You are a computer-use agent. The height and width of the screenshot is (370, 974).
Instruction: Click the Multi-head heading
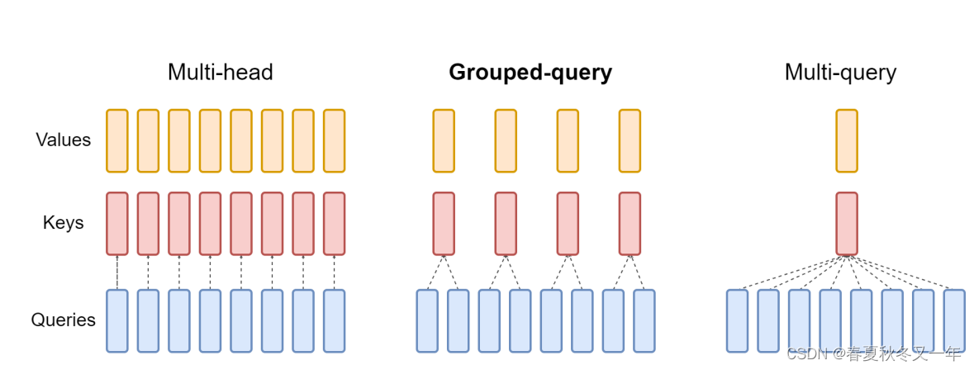tap(220, 73)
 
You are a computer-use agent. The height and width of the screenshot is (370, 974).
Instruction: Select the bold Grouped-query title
tap(530, 73)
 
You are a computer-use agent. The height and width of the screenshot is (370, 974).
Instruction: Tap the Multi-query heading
tap(840, 73)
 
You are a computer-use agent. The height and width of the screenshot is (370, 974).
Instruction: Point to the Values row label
tap(63, 140)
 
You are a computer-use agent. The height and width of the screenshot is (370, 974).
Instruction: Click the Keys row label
tap(64, 222)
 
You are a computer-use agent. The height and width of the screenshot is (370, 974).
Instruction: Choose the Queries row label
tap(64, 320)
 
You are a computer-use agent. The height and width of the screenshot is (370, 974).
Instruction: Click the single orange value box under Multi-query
tap(846, 140)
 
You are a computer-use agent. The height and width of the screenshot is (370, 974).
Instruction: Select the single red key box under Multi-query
tap(846, 224)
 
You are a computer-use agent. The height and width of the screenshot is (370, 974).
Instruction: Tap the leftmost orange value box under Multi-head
tap(117, 140)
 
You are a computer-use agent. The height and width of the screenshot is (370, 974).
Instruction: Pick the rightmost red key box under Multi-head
tap(334, 224)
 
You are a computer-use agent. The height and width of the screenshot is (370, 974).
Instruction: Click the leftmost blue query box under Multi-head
tap(117, 320)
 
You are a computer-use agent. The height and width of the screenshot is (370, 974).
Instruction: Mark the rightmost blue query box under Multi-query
tap(954, 320)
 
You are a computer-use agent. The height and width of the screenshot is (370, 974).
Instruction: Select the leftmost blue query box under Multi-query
tap(737, 320)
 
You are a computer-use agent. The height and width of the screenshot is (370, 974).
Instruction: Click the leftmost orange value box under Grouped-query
tap(444, 140)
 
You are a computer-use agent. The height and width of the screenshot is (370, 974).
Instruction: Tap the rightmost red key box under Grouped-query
tap(630, 224)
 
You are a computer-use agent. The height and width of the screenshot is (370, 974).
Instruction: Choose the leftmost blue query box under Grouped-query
tap(427, 320)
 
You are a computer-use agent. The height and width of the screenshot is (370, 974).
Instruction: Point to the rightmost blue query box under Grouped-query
tap(644, 320)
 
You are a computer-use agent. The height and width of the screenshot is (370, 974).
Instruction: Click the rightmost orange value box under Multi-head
tap(334, 140)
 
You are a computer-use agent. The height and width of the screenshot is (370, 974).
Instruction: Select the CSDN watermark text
tap(874, 354)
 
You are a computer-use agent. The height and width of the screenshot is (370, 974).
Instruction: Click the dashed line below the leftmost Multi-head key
tap(117, 272)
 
